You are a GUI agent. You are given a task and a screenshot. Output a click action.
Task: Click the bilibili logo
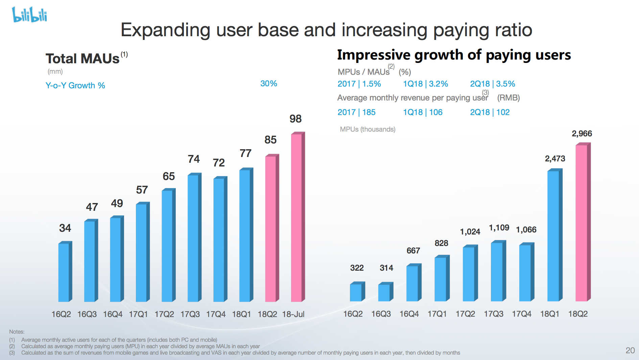click(x=29, y=15)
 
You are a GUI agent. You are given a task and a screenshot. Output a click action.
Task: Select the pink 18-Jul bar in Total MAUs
click(x=297, y=217)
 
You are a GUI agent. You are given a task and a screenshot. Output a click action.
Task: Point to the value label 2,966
click(x=582, y=134)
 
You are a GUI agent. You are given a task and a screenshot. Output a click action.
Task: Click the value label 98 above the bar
click(x=295, y=119)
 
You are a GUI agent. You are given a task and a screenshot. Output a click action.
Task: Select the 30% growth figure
click(x=268, y=84)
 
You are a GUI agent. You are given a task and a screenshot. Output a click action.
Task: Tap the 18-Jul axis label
click(x=293, y=314)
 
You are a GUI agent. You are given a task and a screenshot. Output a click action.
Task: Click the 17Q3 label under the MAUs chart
click(x=190, y=314)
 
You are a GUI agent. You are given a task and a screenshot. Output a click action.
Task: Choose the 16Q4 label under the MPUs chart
click(x=409, y=314)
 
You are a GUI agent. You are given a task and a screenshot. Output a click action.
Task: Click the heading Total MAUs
click(x=83, y=59)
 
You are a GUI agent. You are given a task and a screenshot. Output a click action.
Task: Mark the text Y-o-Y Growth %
click(x=75, y=86)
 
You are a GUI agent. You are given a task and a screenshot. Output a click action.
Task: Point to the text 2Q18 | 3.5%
click(x=492, y=84)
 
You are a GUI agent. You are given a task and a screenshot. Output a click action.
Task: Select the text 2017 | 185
click(x=356, y=112)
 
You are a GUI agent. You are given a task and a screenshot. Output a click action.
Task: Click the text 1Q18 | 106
click(x=423, y=112)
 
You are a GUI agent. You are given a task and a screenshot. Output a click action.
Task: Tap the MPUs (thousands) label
click(x=368, y=129)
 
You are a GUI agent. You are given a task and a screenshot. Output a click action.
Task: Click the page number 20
click(x=630, y=350)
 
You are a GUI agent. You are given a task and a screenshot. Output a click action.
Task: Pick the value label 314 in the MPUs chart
click(x=386, y=268)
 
